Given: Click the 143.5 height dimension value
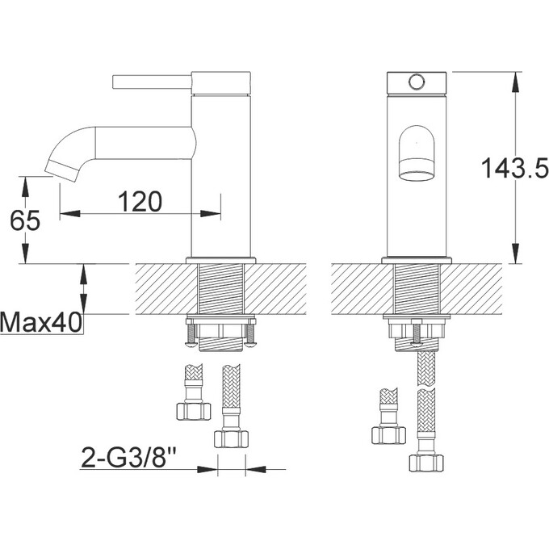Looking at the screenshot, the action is click(x=515, y=168).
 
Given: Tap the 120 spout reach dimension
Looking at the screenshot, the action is click(x=140, y=201).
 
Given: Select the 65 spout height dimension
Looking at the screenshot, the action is click(x=25, y=220).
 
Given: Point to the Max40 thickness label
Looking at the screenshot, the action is click(x=41, y=322).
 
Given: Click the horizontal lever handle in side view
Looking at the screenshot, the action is click(x=153, y=82).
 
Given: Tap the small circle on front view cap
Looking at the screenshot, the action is click(x=417, y=82).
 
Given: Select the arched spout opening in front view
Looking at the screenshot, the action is click(x=417, y=153).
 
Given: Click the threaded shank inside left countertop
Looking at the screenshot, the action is click(x=220, y=288).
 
